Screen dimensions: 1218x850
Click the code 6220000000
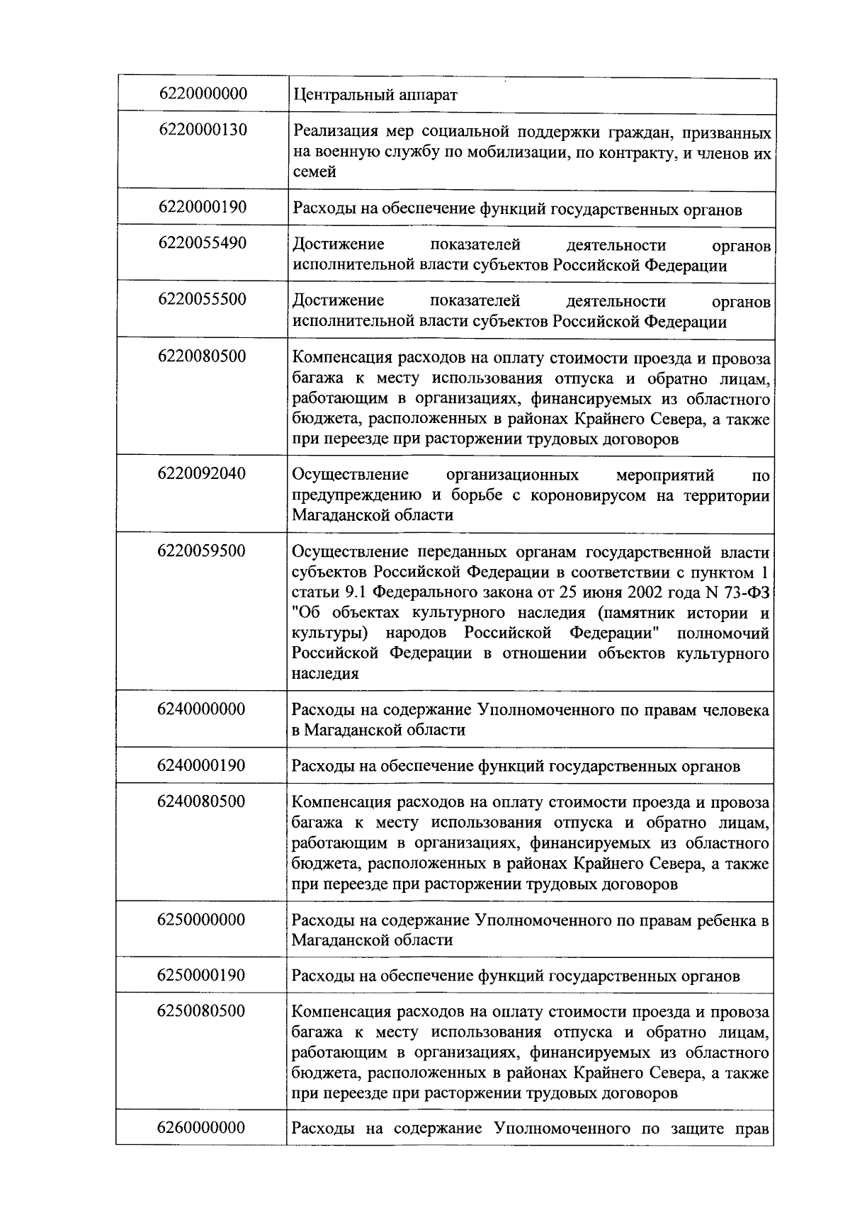click(203, 94)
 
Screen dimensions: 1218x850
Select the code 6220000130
click(203, 130)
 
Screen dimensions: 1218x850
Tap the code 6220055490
click(203, 243)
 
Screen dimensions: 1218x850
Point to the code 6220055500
click(203, 299)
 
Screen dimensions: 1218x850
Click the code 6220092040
click(203, 473)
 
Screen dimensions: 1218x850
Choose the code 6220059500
click(203, 551)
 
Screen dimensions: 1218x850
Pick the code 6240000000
click(203, 709)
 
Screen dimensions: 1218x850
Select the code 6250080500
click(203, 1010)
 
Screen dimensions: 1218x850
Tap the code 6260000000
click(203, 1127)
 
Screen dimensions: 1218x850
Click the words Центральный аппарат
click(375, 94)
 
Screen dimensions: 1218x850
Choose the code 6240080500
click(203, 801)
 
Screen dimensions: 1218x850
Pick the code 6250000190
click(203, 975)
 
